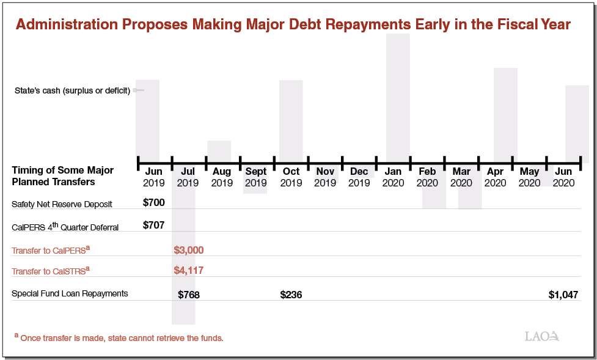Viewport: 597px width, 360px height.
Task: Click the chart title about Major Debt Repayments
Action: [293, 24]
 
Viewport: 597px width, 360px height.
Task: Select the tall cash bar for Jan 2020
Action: [398, 92]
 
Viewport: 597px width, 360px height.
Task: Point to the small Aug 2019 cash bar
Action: [219, 150]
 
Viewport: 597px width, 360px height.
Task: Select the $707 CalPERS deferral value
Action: [153, 225]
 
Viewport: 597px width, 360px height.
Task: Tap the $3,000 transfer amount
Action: [189, 250]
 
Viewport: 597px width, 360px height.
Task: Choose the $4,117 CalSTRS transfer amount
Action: [189, 270]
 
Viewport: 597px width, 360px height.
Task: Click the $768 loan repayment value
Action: [189, 295]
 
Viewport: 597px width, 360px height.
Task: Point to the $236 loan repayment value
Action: [291, 295]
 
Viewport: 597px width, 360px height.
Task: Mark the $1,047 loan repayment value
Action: [563, 295]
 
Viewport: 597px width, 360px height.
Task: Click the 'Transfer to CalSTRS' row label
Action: [51, 271]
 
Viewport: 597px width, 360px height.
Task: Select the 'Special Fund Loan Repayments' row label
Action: [70, 293]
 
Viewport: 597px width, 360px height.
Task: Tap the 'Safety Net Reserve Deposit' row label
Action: [62, 204]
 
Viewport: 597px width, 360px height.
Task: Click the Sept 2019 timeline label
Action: [256, 177]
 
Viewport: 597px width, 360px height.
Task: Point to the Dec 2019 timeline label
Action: [359, 177]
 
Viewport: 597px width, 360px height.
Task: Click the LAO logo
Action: [541, 336]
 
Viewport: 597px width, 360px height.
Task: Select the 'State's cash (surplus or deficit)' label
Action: [72, 90]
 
